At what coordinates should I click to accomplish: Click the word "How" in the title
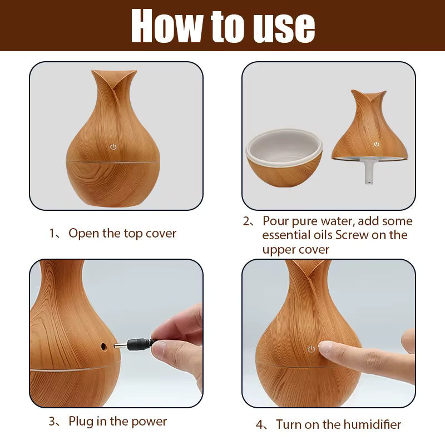coord(166,26)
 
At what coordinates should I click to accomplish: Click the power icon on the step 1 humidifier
coord(113,147)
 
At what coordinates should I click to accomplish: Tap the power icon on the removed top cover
coord(377,144)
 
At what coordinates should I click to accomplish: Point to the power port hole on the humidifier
coord(103,346)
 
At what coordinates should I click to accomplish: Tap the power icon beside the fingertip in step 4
coord(311,349)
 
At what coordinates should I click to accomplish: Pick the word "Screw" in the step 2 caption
coord(352,235)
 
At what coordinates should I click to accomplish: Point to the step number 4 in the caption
coord(260,424)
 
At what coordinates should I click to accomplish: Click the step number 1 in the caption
coord(52,233)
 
